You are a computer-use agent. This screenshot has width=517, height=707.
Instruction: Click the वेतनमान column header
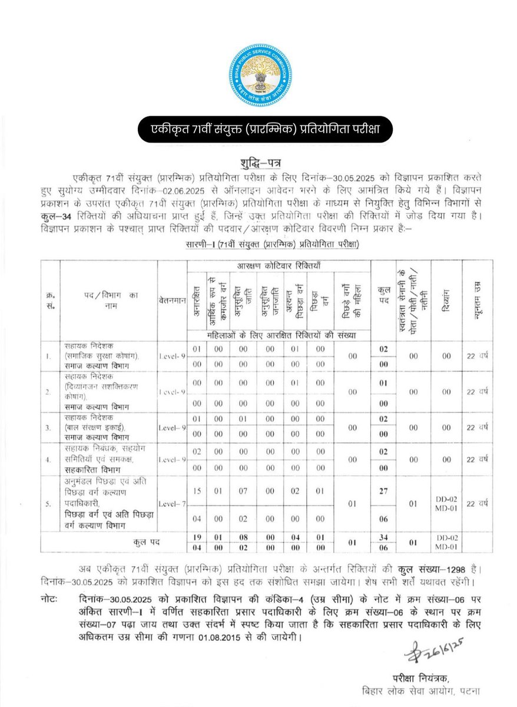point(172,300)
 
